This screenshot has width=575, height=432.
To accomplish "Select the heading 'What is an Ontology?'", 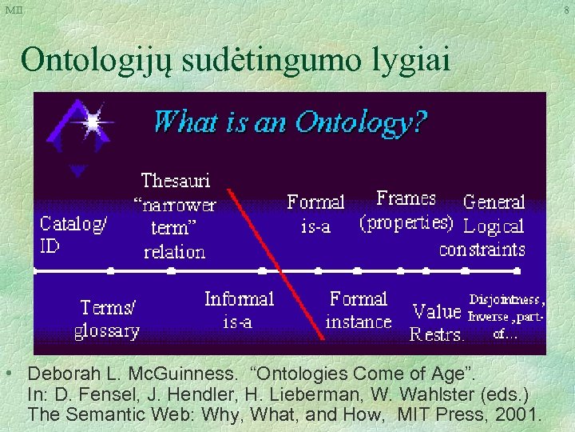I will click(290, 122).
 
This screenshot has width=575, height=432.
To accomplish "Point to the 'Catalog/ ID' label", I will click(73, 234).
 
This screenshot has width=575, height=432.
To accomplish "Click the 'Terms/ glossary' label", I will click(107, 318).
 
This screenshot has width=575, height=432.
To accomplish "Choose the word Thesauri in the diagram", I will click(176, 181).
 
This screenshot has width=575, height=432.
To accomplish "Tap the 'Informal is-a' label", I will click(239, 310).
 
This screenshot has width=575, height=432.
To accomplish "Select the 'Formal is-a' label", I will click(315, 214).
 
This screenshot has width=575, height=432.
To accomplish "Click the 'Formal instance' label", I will click(359, 310).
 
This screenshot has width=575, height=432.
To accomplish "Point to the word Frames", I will click(406, 198).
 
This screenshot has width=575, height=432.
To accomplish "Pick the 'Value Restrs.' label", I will click(437, 322).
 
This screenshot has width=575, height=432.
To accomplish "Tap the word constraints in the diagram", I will click(482, 249).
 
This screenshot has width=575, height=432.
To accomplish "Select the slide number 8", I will click(566, 10).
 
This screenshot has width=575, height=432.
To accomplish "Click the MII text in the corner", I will click(14, 10).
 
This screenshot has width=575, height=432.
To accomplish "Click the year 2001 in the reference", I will click(520, 415).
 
